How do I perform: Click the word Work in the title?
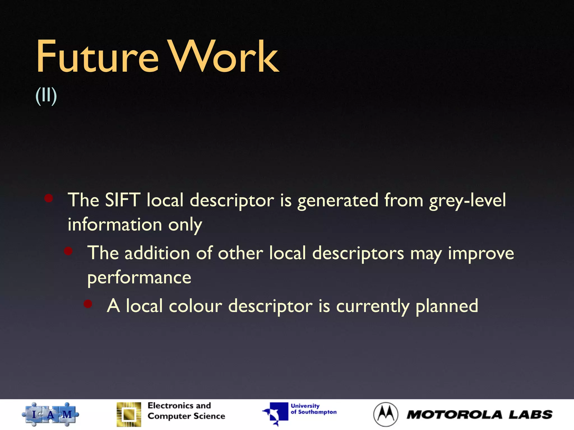224,57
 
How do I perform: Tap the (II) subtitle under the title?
46,96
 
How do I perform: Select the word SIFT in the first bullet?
122,200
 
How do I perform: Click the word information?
115,225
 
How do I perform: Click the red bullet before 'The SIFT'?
49,198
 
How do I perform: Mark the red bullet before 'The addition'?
68,251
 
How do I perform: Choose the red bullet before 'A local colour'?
88,304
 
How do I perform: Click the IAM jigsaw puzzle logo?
50,414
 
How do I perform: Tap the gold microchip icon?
129,414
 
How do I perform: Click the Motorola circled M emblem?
386,414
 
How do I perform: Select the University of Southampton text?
313,409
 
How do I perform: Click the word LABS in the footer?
531,415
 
